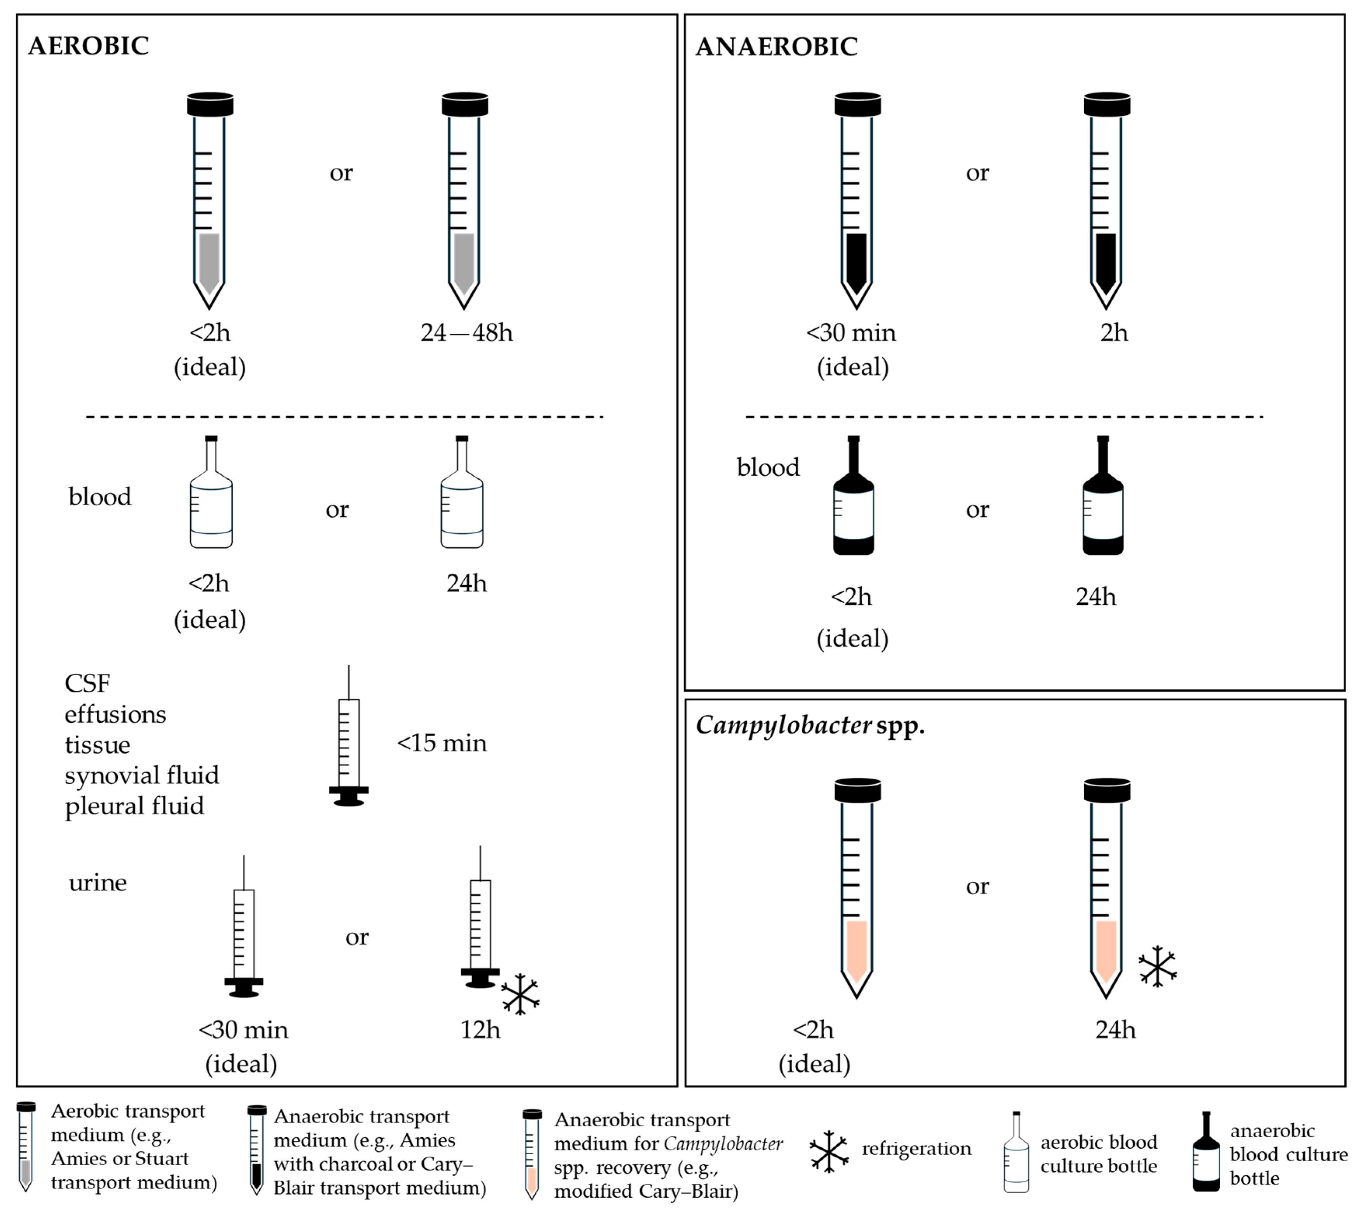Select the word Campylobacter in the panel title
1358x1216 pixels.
coord(783,725)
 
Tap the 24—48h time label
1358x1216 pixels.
coord(466,332)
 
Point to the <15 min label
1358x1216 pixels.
coord(442,743)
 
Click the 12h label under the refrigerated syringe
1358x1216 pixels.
coord(480,1030)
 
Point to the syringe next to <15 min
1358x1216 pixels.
coord(349,742)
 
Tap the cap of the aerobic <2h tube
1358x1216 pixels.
coord(210,104)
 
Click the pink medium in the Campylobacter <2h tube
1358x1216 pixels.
coord(856,949)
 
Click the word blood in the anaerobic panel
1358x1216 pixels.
coord(768,467)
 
